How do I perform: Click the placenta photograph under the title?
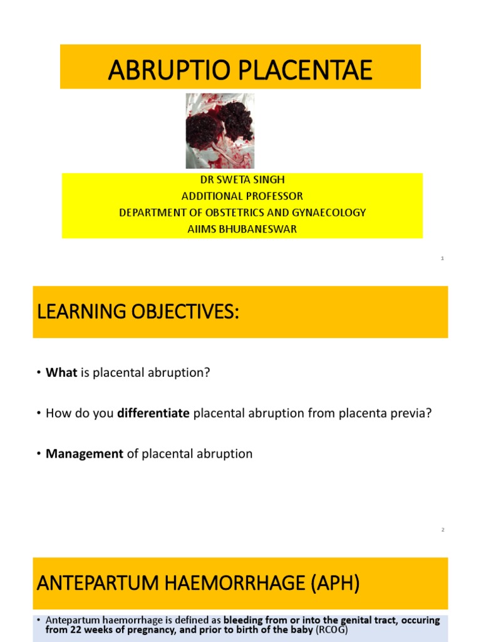click(220, 131)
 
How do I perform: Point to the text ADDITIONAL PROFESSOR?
click(242, 196)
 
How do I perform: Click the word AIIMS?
click(201, 229)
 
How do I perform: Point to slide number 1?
click(442, 258)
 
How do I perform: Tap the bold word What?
click(61, 372)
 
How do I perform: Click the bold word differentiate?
click(154, 414)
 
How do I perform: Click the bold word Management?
click(85, 454)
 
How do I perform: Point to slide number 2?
click(442, 530)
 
